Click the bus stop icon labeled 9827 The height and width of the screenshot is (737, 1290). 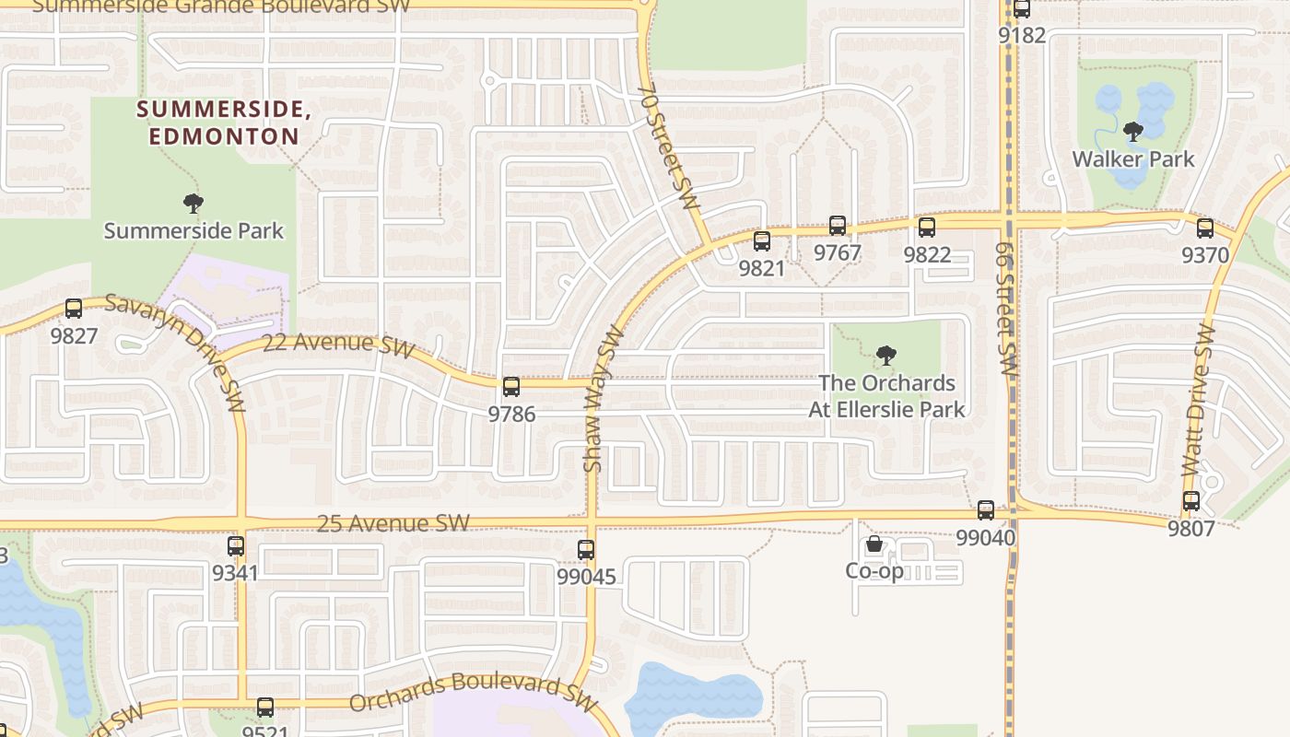coord(74,310)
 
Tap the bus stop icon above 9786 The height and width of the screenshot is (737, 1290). coord(511,387)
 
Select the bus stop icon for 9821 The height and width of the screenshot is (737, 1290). coord(762,241)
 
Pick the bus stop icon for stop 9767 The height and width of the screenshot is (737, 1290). coord(838,226)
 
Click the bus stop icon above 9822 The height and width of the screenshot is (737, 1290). coord(927,228)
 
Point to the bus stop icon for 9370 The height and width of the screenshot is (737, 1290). coord(1205,228)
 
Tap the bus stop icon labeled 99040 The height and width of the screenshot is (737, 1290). coord(986,510)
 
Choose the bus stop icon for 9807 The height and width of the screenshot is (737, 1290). coord(1191,501)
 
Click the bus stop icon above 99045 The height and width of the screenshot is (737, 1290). coord(586,550)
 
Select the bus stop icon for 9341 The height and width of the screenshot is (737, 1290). coord(236,546)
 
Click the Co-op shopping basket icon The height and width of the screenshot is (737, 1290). coord(874,545)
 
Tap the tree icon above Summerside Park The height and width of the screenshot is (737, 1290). coord(193,204)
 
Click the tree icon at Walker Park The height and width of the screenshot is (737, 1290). coord(1133,132)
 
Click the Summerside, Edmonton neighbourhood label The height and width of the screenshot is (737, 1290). coord(219,123)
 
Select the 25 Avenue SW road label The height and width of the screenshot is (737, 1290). coord(393,523)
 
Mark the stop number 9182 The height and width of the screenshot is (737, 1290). coord(1023,35)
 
